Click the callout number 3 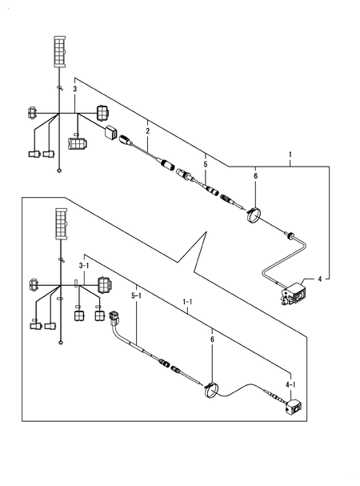pos(74,90)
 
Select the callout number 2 pos(147,130)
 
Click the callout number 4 pos(320,279)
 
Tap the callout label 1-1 pos(188,303)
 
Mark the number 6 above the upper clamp pos(255,177)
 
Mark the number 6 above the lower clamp pos(212,340)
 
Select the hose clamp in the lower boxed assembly pos(211,390)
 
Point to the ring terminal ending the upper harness pos(60,171)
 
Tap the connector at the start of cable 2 pos(126,139)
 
